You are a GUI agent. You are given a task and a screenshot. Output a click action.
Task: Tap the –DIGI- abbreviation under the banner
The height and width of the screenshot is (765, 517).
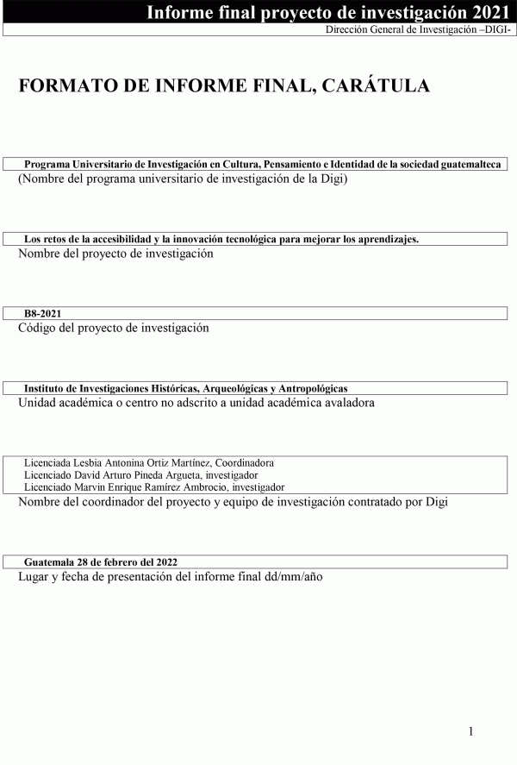[x=495, y=29]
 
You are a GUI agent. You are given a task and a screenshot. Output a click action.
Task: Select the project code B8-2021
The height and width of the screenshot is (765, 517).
[x=42, y=314]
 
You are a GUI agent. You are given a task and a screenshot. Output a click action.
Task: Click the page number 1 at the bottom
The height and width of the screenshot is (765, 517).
[x=471, y=732]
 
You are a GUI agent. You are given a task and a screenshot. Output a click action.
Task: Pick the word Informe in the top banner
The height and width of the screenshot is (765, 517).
[x=177, y=12]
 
